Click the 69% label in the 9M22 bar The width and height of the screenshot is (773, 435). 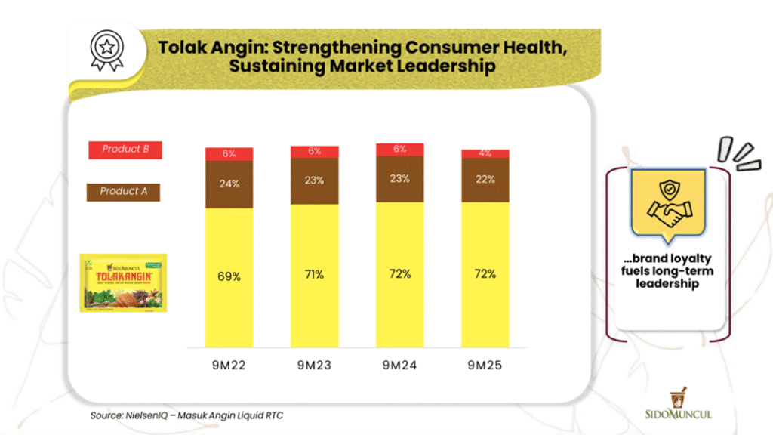[x=229, y=276]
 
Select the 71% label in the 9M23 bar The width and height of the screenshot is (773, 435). [x=315, y=275]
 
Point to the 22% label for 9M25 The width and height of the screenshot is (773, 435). [x=485, y=179]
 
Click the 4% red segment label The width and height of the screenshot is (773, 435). [x=485, y=153]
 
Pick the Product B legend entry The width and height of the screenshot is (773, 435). [x=125, y=150]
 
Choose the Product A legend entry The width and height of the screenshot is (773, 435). [x=125, y=191]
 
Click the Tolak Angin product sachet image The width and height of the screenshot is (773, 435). [x=124, y=283]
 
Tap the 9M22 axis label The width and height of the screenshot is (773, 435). [x=229, y=366]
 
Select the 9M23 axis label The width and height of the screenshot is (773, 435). [x=315, y=366]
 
